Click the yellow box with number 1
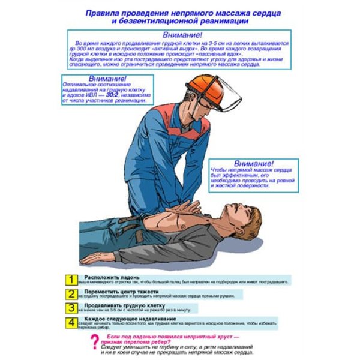71,280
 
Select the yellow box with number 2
71,294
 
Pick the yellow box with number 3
71,308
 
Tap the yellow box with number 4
71,322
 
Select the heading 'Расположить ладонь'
112,277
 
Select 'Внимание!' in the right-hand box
253,164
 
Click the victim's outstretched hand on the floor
91,259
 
